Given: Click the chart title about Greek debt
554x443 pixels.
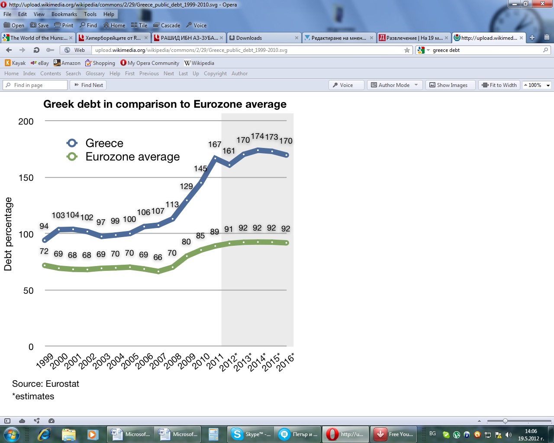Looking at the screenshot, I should pos(165,104).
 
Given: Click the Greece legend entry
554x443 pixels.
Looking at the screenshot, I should pos(104,143).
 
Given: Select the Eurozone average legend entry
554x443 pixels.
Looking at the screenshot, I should pos(132,157).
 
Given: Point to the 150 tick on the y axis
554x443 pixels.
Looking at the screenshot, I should pos(26,178).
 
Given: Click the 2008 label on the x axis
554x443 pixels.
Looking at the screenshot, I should pos(172,361).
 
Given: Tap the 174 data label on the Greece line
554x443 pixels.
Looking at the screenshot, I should pos(258,136).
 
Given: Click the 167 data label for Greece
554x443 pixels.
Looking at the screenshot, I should pos(215,144).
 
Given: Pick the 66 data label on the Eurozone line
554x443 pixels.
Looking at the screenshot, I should pos(158,257).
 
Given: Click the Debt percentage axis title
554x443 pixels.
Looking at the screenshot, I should pos(8,234).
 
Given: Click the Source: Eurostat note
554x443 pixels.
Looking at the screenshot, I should pos(45,384).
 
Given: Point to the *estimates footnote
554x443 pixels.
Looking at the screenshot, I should pos(33,396).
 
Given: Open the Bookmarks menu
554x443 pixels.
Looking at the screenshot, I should pos(64,14).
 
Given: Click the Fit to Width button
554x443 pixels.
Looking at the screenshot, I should pos(499,85).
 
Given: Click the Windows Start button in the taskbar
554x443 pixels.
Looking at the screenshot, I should pos(12,434).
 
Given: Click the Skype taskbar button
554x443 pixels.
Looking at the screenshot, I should pos(251,434).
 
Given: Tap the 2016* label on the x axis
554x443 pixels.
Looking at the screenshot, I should pos(285,362).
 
